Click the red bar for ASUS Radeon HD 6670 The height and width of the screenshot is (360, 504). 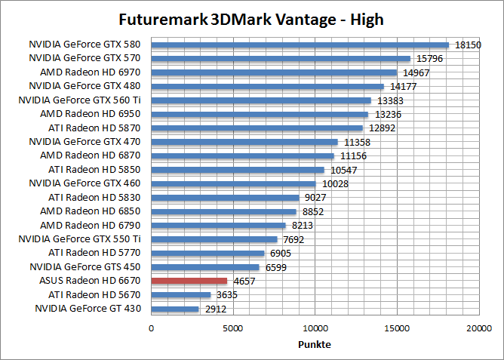[x=189, y=281]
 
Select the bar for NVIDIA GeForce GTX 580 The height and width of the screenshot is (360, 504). [x=300, y=45]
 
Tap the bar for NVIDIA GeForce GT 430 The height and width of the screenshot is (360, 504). [x=175, y=309]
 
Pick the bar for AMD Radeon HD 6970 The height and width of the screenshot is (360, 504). [x=274, y=72]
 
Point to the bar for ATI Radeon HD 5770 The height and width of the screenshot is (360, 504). [x=208, y=253]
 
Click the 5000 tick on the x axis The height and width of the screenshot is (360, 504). [x=233, y=328]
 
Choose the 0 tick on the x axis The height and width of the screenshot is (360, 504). [x=152, y=328]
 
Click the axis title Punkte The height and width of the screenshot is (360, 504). [x=315, y=344]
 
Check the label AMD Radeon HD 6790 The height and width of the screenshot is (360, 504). [x=93, y=225]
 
